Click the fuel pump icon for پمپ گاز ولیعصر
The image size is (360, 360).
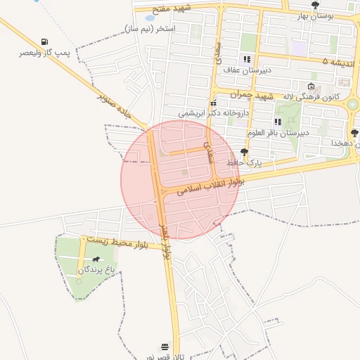coord(46,41)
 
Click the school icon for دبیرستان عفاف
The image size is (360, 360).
coord(246,59)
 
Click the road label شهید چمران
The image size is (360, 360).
coord(255,95)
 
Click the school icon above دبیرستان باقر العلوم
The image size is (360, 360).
coord(278,122)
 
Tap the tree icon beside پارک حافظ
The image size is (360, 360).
coord(244,151)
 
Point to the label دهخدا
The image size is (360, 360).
coord(346,143)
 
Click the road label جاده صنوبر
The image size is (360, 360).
coord(115,106)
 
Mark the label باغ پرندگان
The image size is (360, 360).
coord(96,269)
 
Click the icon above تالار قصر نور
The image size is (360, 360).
coord(165,347)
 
